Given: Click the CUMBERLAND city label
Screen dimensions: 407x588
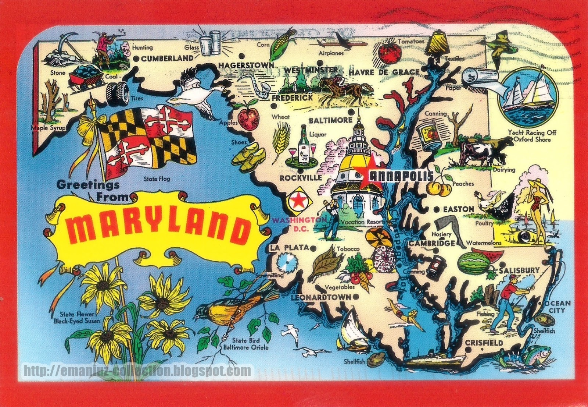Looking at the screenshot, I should point(167,58).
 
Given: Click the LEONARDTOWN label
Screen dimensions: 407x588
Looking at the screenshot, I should point(321,297).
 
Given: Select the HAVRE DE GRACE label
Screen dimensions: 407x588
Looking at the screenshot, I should point(384,72).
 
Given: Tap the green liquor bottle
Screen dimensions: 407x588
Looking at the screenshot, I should point(304,144).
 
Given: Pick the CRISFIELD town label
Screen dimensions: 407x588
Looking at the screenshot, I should point(484,343).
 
